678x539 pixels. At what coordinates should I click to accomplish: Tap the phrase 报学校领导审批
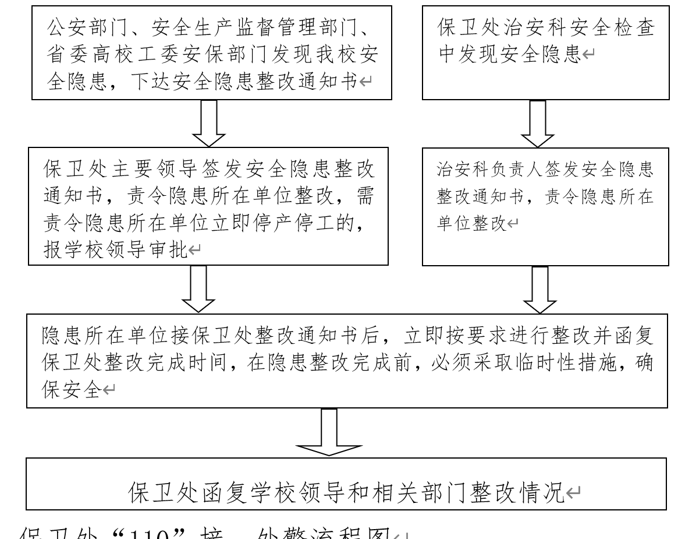[x=114, y=251]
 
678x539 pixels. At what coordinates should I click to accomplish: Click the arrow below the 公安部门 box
[x=208, y=123]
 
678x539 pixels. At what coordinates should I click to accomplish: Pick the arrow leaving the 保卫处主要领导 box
[x=203, y=289]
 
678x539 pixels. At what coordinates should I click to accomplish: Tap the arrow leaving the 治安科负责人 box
[x=541, y=289]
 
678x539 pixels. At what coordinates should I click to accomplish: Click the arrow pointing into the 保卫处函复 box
[x=329, y=432]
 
